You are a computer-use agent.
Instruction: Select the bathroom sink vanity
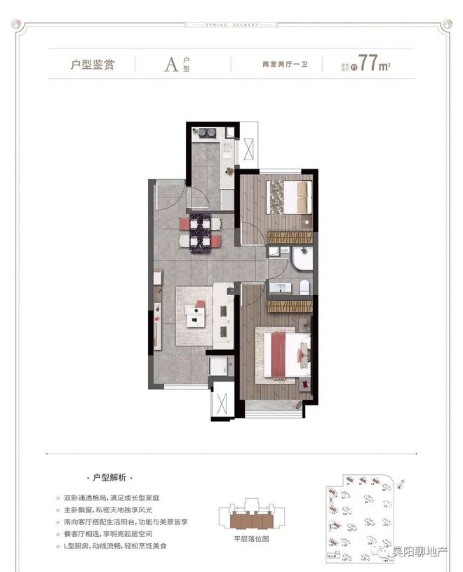tap(281, 288)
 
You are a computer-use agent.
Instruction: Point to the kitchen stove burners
tap(206, 132)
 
